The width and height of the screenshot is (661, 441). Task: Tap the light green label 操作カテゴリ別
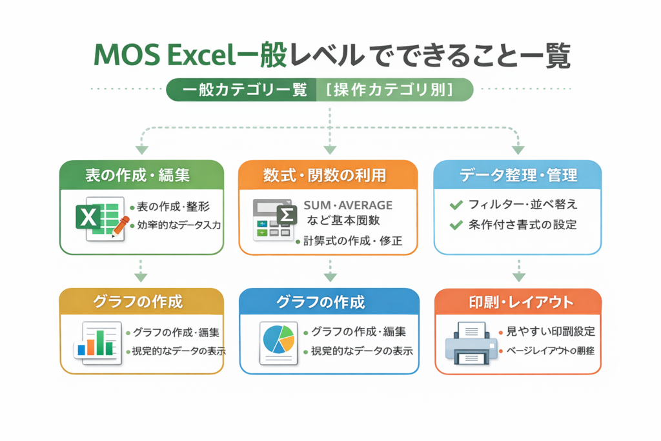coord(394,90)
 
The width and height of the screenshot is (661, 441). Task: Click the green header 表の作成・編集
coord(141,175)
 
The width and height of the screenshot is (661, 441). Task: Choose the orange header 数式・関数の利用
coord(330,175)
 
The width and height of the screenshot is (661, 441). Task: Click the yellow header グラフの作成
coord(141,302)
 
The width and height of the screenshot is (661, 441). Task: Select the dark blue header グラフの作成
coord(330,302)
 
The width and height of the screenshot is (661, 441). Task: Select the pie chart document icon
coord(278,341)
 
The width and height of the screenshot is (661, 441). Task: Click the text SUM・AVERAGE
coord(348,205)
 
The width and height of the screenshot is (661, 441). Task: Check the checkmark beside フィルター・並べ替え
coord(456,205)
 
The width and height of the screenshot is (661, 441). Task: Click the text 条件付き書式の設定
coord(524,225)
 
